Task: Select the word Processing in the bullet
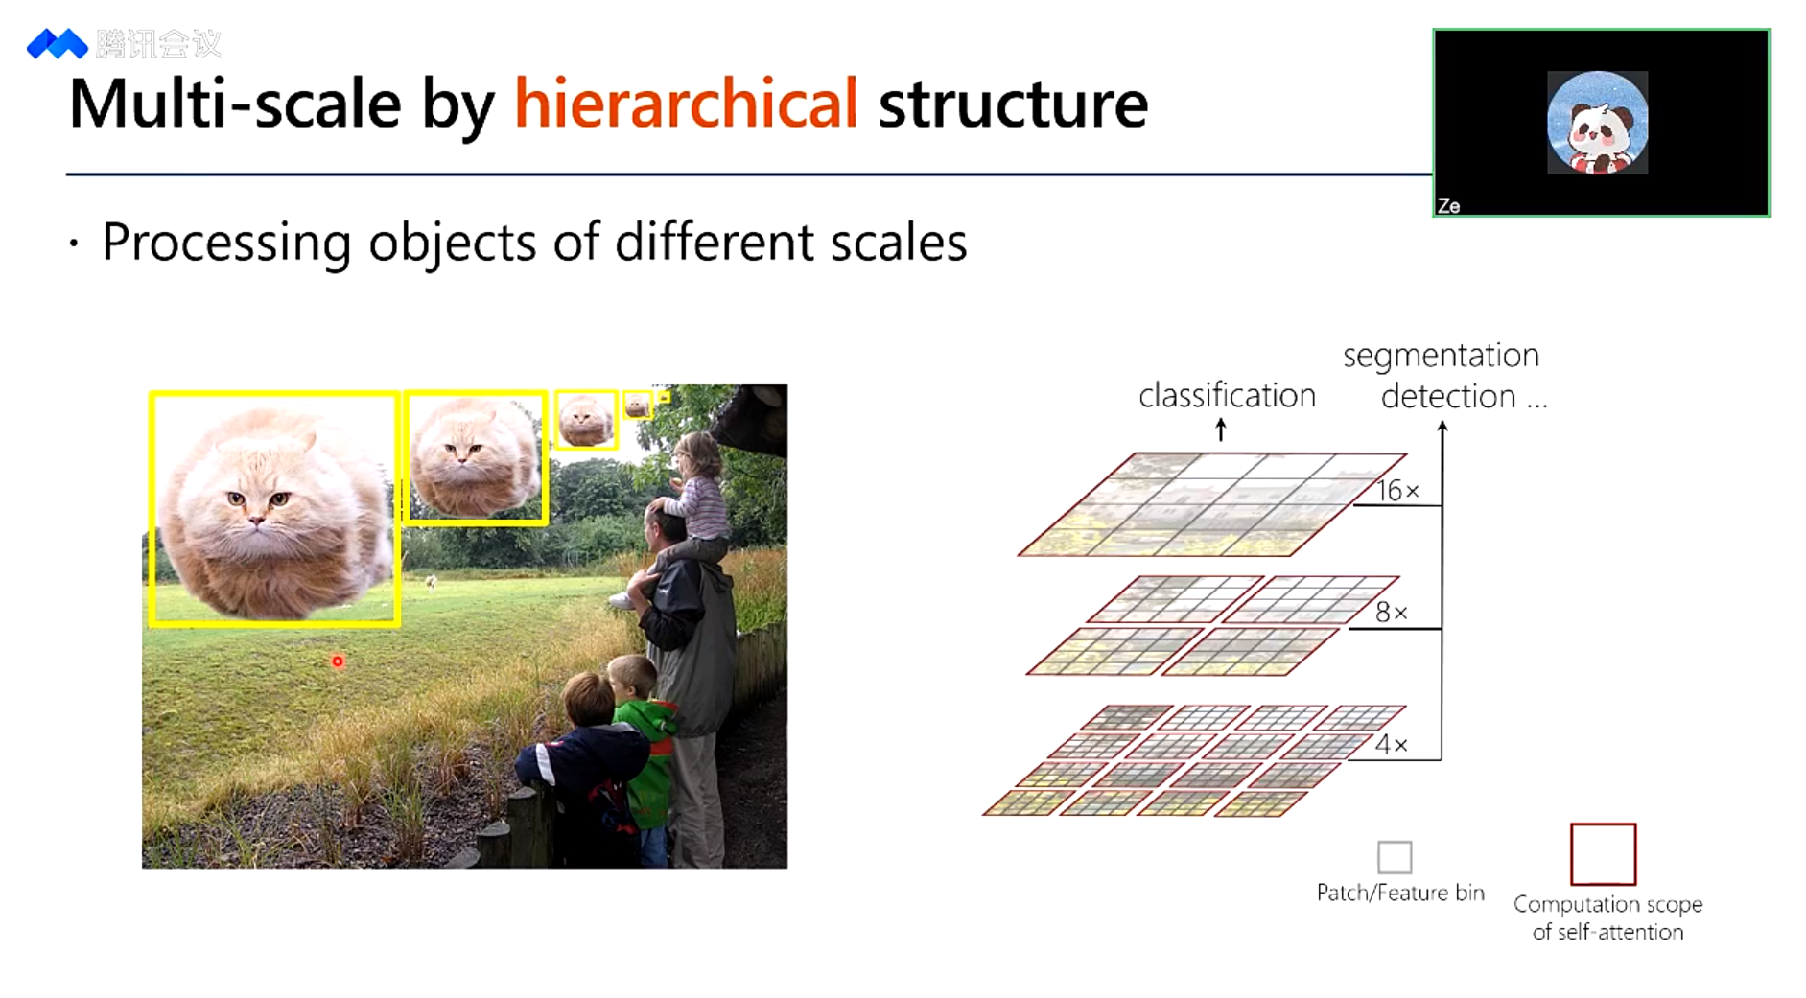(x=226, y=244)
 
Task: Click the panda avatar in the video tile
(x=1598, y=123)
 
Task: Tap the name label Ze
(x=1448, y=206)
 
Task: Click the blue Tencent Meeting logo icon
(x=57, y=44)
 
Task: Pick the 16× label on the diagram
(x=1398, y=491)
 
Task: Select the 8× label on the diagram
(x=1392, y=613)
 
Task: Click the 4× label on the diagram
(x=1392, y=745)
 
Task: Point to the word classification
(x=1227, y=395)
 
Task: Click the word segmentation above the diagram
(x=1441, y=357)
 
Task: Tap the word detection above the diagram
(x=1448, y=396)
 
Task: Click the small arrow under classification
(x=1221, y=429)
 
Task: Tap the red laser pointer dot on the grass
(x=338, y=661)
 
